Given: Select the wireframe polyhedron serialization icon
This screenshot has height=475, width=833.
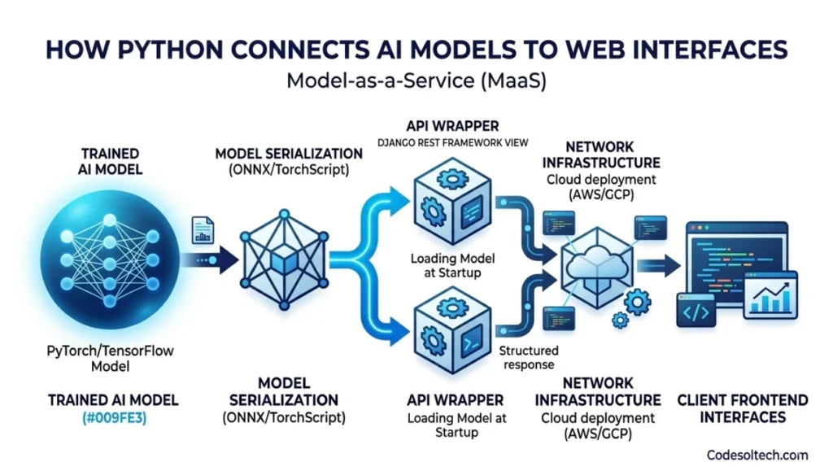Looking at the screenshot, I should click(x=280, y=259).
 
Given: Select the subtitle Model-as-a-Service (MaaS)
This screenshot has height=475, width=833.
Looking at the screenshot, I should click(x=416, y=81).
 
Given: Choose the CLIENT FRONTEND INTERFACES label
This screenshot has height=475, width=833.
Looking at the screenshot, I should click(x=743, y=408).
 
